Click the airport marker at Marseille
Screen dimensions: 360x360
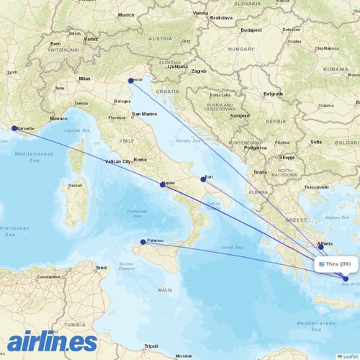pyautogui.click(x=14, y=129)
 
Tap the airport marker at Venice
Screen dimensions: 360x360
pyautogui.click(x=131, y=81)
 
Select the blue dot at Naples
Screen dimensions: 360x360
pyautogui.click(x=163, y=184)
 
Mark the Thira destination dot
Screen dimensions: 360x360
pyautogui.click(x=346, y=279)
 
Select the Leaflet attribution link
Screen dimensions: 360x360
pyautogui.click(x=349, y=356)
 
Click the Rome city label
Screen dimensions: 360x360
pyautogui.click(x=140, y=159)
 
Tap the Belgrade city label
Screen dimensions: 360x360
pyautogui.click(x=272, y=94)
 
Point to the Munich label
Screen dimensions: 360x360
pyautogui.click(x=126, y=14)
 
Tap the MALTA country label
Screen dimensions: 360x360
pyautogui.click(x=166, y=289)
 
